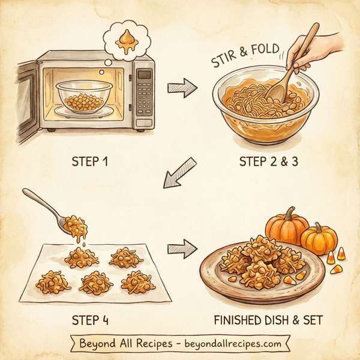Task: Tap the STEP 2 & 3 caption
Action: tap(269, 162)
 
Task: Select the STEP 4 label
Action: tap(92, 320)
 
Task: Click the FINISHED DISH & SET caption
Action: tap(268, 320)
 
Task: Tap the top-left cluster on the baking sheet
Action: tap(82, 257)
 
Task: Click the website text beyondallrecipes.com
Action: tap(234, 344)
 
